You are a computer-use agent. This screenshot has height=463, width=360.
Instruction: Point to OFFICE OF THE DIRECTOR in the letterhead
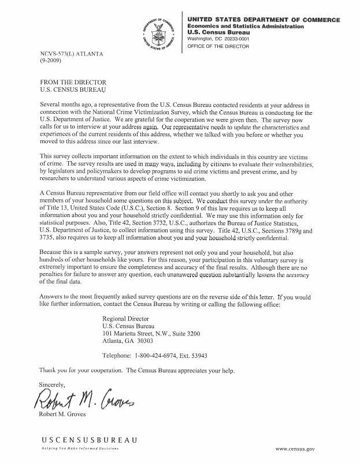(218, 47)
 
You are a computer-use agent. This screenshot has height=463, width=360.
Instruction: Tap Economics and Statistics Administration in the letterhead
(246, 27)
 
